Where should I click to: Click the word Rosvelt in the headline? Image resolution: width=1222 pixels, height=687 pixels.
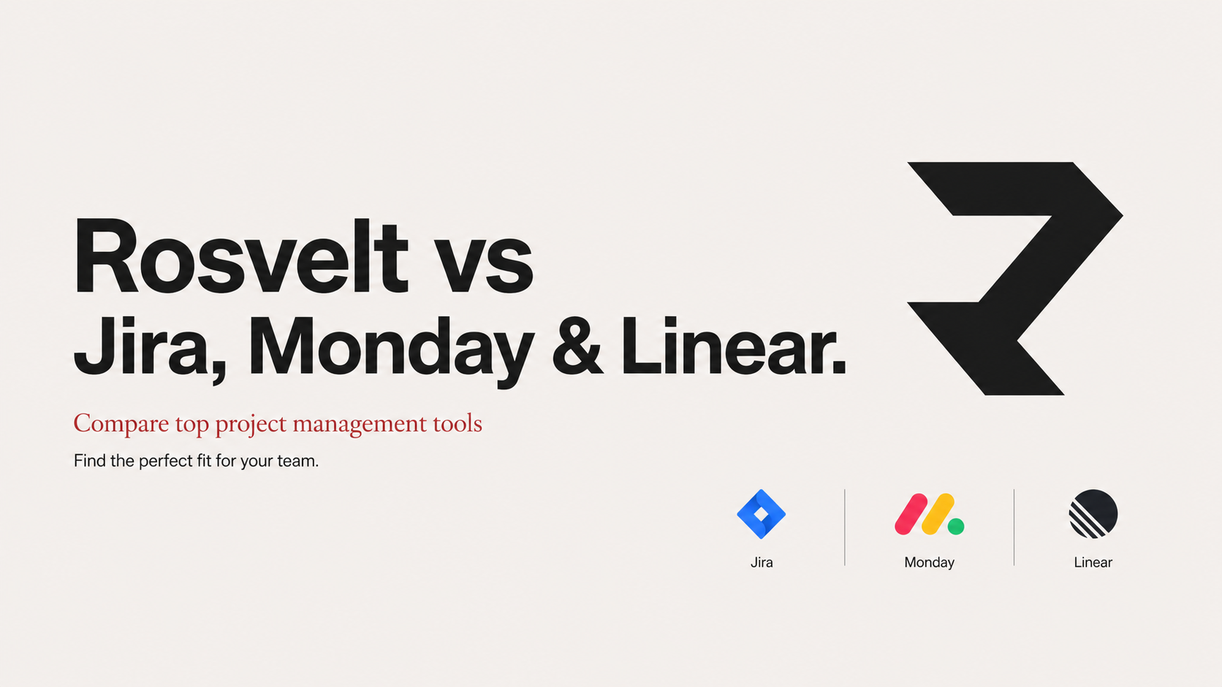240,256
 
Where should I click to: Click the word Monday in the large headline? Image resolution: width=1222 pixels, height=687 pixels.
390,349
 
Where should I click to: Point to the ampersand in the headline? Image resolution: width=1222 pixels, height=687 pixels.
577,347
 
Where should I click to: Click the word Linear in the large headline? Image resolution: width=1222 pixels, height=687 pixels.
733,347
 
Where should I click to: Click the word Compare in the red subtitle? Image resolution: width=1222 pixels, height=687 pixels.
121,424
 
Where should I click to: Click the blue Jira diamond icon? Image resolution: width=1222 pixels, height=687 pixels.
761,514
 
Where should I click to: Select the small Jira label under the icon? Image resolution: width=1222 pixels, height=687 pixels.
762,562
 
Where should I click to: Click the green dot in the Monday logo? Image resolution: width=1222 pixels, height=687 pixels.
956,526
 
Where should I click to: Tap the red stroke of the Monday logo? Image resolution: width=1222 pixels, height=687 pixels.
911,514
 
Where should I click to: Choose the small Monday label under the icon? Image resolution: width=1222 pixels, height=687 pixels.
929,562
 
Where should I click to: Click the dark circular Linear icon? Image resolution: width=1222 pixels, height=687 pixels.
1093,514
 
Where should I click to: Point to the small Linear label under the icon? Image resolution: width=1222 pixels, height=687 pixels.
1093,562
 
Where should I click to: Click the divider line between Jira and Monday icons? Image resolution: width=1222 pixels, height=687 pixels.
845,527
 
